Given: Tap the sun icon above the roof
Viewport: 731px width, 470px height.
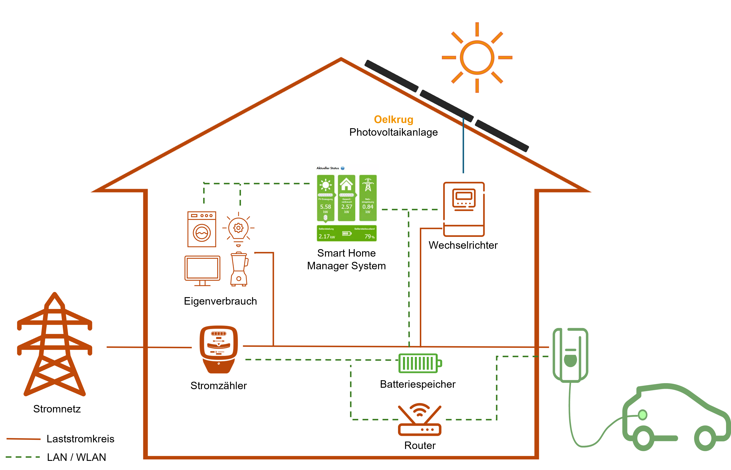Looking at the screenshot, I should coord(477,57).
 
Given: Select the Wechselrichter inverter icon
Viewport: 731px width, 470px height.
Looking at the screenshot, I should coord(464,209).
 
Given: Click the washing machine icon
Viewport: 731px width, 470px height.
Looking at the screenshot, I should coord(202,229).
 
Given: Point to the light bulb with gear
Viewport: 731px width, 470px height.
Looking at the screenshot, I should coord(238,229).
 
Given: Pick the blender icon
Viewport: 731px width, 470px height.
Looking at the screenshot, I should coord(239,269).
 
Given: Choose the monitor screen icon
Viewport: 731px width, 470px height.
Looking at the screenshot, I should coord(202,270).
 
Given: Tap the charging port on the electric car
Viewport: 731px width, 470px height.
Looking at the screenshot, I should coord(643,415).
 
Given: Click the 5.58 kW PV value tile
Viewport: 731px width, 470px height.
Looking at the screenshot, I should coord(326,198).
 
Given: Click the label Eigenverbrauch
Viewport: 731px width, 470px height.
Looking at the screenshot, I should coord(220,301).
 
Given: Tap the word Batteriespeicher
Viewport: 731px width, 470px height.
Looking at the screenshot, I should coord(418,384).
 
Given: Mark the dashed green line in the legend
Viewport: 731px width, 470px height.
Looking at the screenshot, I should coord(23,457).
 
